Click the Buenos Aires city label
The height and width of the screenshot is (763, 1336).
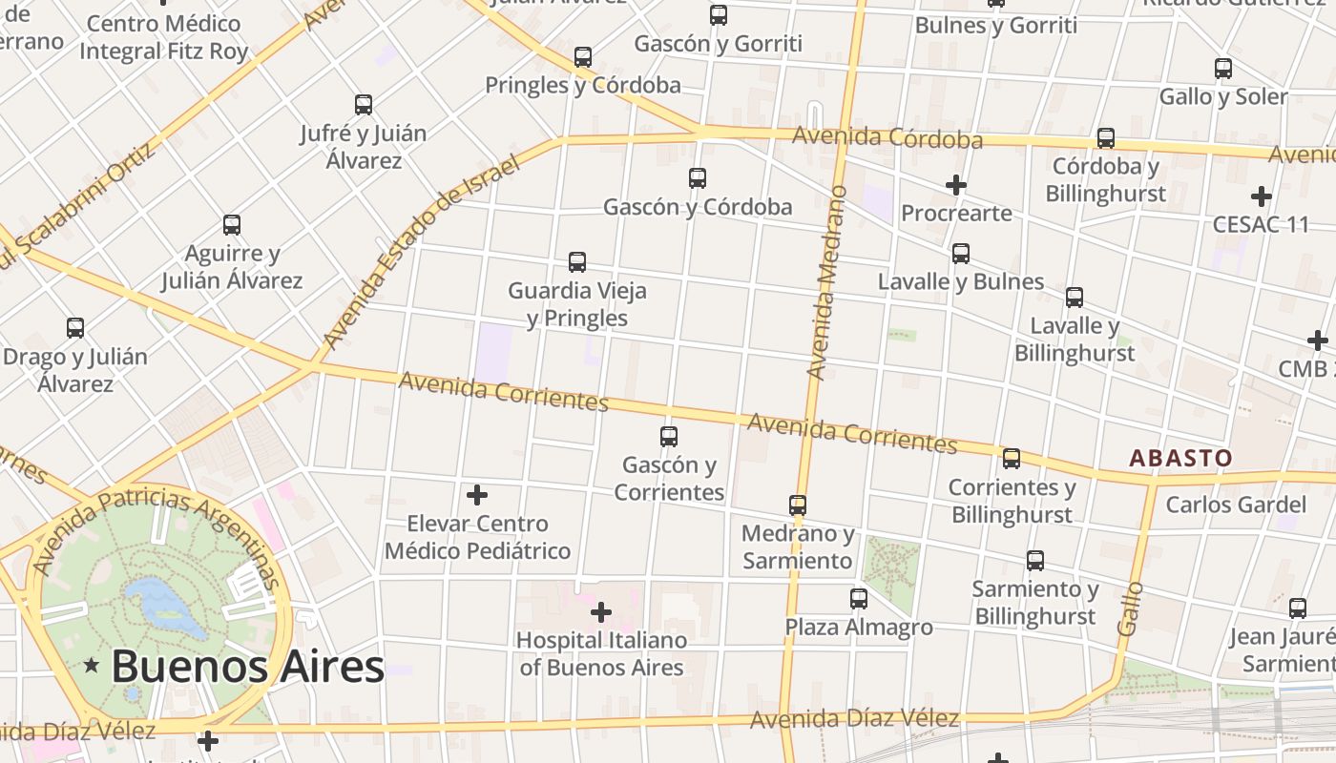(248, 666)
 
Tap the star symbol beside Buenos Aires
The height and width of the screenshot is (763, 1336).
(92, 665)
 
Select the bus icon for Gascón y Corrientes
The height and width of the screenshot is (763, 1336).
(669, 437)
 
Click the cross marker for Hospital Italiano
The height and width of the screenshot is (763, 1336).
(601, 611)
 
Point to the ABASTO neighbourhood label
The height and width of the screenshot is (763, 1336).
(1180, 459)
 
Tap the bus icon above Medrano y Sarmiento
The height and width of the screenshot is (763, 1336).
(798, 505)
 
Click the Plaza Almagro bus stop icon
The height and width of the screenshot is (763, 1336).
(859, 599)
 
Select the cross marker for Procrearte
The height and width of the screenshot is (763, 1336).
(956, 185)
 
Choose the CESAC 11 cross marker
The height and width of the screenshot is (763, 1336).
(1262, 197)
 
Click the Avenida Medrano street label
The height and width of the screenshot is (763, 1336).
(826, 283)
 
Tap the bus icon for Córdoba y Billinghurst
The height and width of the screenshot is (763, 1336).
(1106, 138)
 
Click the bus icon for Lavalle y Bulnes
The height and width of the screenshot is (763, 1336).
(961, 254)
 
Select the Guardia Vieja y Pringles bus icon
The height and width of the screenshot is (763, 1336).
(577, 262)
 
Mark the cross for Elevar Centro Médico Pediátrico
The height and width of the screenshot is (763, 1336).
(477, 495)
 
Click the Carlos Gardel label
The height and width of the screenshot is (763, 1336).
(1236, 505)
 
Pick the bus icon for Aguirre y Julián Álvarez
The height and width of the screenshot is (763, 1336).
(232, 225)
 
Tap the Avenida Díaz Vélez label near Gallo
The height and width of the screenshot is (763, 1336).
(854, 719)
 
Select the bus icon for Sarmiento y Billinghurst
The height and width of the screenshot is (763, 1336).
(1035, 561)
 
